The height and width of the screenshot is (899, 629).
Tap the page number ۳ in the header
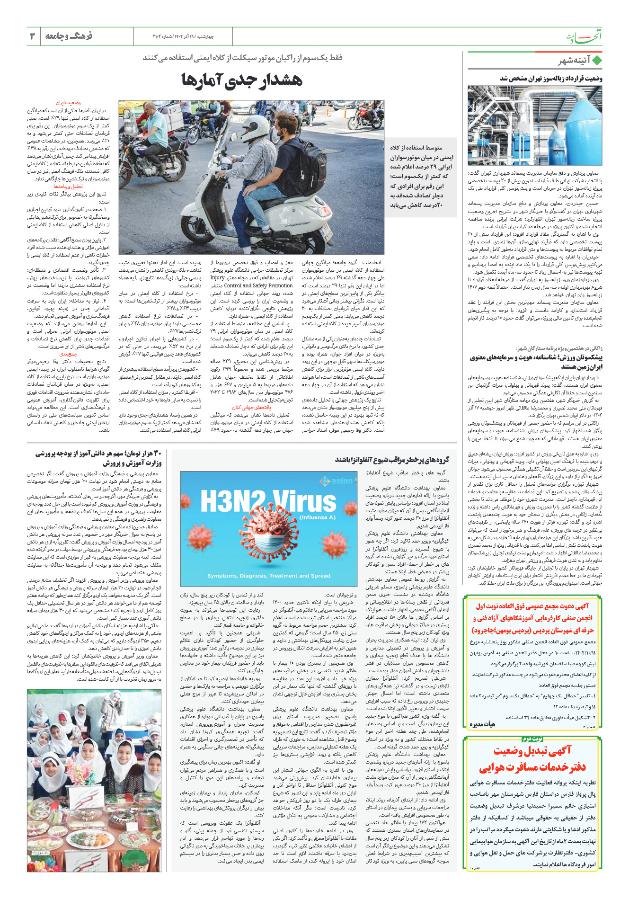tap(33, 36)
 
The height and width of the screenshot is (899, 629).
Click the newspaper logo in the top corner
tap(585, 37)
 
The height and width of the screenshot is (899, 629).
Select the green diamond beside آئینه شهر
tap(597, 61)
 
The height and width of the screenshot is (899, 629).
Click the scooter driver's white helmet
tap(255, 128)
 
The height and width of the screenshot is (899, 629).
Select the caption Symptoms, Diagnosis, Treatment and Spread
tap(269, 576)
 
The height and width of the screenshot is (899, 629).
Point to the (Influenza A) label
tap(318, 517)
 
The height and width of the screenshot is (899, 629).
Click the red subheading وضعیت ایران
tap(69, 103)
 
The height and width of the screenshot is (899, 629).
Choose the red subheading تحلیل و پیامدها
tap(68, 187)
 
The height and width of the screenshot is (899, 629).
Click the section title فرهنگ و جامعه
tap(69, 36)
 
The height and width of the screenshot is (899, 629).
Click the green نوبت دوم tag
tap(532, 739)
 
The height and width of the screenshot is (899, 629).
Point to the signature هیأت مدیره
tap(482, 724)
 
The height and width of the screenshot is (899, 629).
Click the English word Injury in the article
tap(217, 278)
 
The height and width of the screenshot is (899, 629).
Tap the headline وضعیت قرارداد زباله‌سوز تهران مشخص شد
tap(551, 79)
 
